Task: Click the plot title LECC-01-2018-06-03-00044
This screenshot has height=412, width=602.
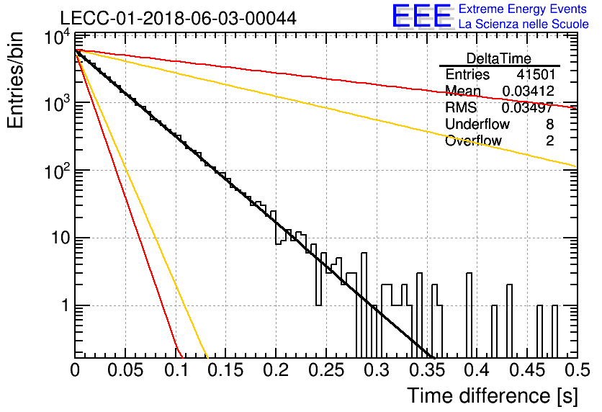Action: click(178, 18)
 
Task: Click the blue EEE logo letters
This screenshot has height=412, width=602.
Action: click(421, 16)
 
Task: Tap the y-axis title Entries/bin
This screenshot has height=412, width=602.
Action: click(15, 80)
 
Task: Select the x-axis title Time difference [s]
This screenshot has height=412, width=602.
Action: click(493, 396)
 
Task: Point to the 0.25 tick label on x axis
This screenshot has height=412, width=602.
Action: click(326, 370)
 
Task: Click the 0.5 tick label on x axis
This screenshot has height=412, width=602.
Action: click(578, 370)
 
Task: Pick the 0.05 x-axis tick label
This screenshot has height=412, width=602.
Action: click(125, 370)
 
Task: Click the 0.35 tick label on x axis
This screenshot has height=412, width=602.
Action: click(427, 370)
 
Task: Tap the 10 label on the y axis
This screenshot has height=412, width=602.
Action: click(60, 238)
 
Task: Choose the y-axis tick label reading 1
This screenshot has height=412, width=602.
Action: click(66, 305)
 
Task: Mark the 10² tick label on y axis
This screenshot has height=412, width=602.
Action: click(57, 171)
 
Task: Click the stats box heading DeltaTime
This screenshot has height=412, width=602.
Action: click(499, 58)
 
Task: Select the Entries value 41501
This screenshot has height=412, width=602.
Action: click(536, 74)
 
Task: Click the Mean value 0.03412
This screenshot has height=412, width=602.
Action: click(529, 91)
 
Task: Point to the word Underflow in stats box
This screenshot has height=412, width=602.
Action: click(477, 124)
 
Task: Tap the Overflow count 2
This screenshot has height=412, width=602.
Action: click(549, 140)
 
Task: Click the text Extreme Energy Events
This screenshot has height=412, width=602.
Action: click(523, 9)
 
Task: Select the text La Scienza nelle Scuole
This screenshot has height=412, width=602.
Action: click(524, 24)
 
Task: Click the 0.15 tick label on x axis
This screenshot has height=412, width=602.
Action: click(226, 370)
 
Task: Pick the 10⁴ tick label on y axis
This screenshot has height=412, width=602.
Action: click(57, 38)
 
